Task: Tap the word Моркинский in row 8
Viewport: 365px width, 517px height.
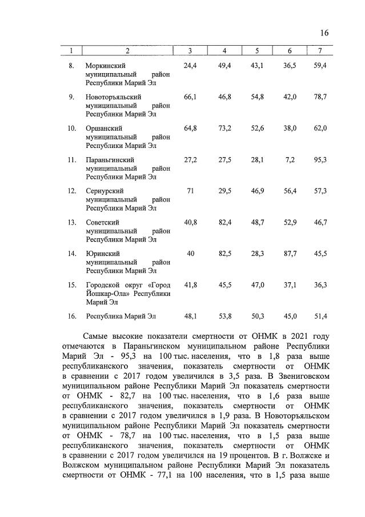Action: coord(106,67)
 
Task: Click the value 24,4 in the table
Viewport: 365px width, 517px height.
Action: coord(190,67)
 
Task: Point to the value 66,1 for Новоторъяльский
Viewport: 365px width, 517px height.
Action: coord(190,98)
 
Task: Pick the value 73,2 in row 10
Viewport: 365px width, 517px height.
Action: coord(224,129)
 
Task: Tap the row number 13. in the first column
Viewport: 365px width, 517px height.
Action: coord(72,222)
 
